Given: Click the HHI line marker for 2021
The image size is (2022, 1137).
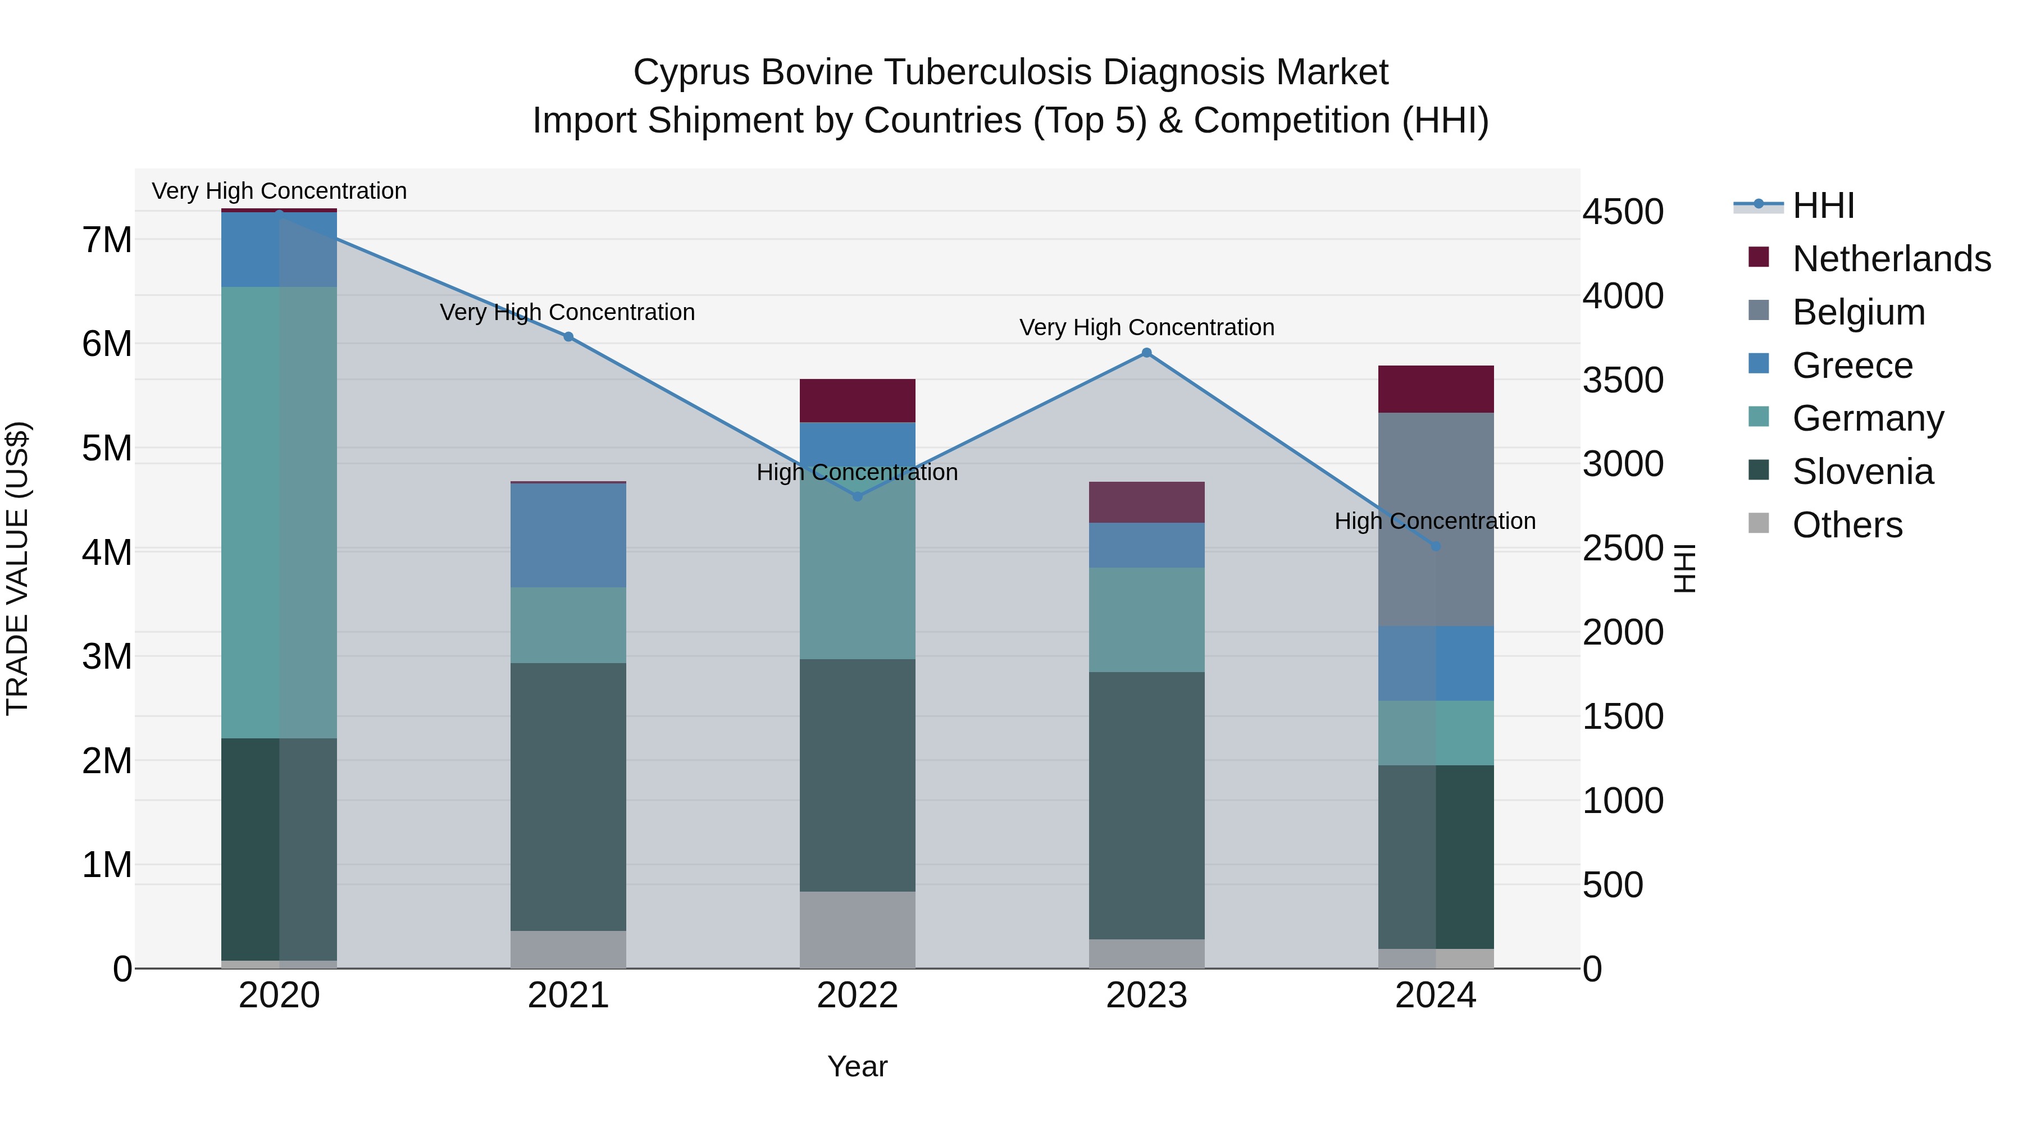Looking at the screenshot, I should tap(568, 337).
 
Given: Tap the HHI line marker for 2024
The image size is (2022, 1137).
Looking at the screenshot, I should tap(1436, 546).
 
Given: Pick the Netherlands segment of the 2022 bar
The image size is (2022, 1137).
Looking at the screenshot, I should tap(857, 401).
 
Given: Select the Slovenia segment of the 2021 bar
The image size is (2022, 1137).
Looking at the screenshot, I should tap(568, 796).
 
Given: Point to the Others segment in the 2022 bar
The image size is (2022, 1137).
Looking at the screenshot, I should tap(857, 929).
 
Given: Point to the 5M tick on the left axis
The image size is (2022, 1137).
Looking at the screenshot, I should tap(107, 449).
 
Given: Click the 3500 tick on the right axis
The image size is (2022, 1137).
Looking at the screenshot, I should tap(1622, 381).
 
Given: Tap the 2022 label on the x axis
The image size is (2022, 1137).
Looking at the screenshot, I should tap(857, 996).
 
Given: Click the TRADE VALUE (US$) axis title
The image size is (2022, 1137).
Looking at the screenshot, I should tap(17, 568).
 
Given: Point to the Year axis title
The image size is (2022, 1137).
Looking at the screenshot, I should tap(857, 1066).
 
